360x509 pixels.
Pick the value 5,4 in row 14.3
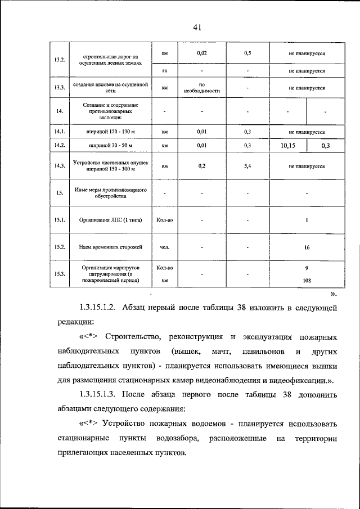[x=247, y=166]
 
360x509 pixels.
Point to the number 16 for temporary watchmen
[x=307, y=247]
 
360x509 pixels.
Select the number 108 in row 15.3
[x=307, y=279]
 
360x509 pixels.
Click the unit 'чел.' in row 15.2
[x=165, y=247]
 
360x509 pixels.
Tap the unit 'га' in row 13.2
[x=165, y=71]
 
